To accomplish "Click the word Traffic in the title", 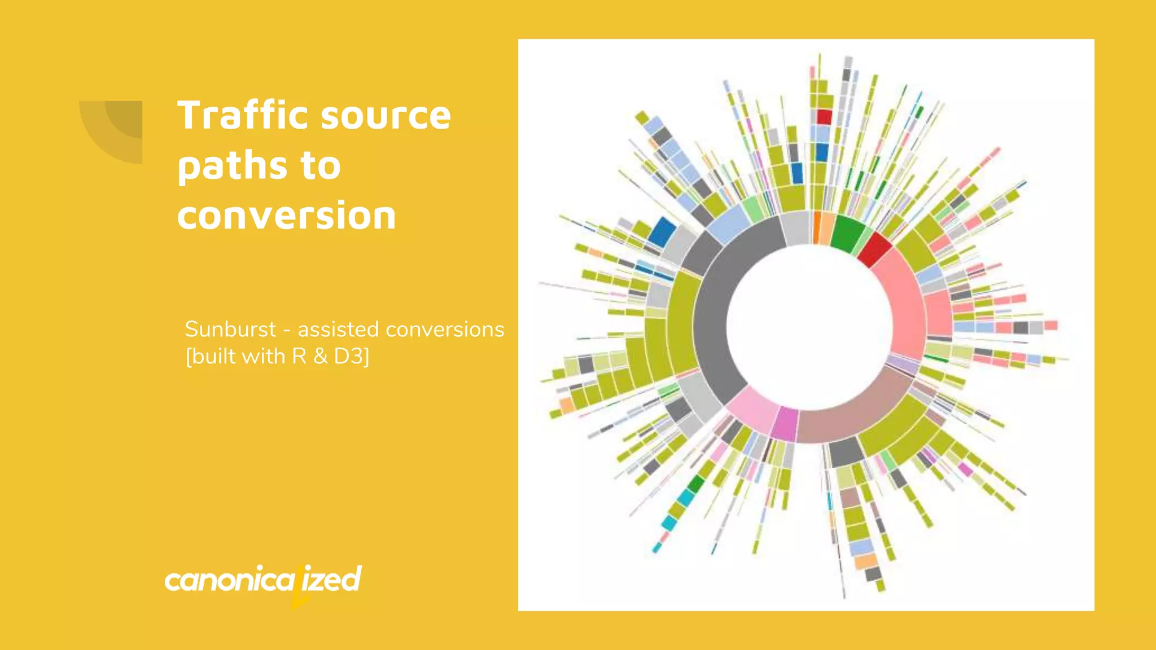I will [x=243, y=116].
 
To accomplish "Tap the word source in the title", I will [x=386, y=116].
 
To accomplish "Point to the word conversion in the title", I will [x=287, y=216].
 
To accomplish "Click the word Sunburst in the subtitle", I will [x=230, y=329].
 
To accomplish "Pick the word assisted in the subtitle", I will [x=338, y=329].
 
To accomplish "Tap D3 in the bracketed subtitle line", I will [x=351, y=357].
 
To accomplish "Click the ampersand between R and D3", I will [x=321, y=357].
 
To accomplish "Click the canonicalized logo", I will [x=262, y=580].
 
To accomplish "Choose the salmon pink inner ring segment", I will [x=903, y=305].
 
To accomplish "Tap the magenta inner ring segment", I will [x=785, y=423].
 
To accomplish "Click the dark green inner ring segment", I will [x=847, y=232].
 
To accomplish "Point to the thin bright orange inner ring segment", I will [x=817, y=227].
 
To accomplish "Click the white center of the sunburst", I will [x=809, y=327].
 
